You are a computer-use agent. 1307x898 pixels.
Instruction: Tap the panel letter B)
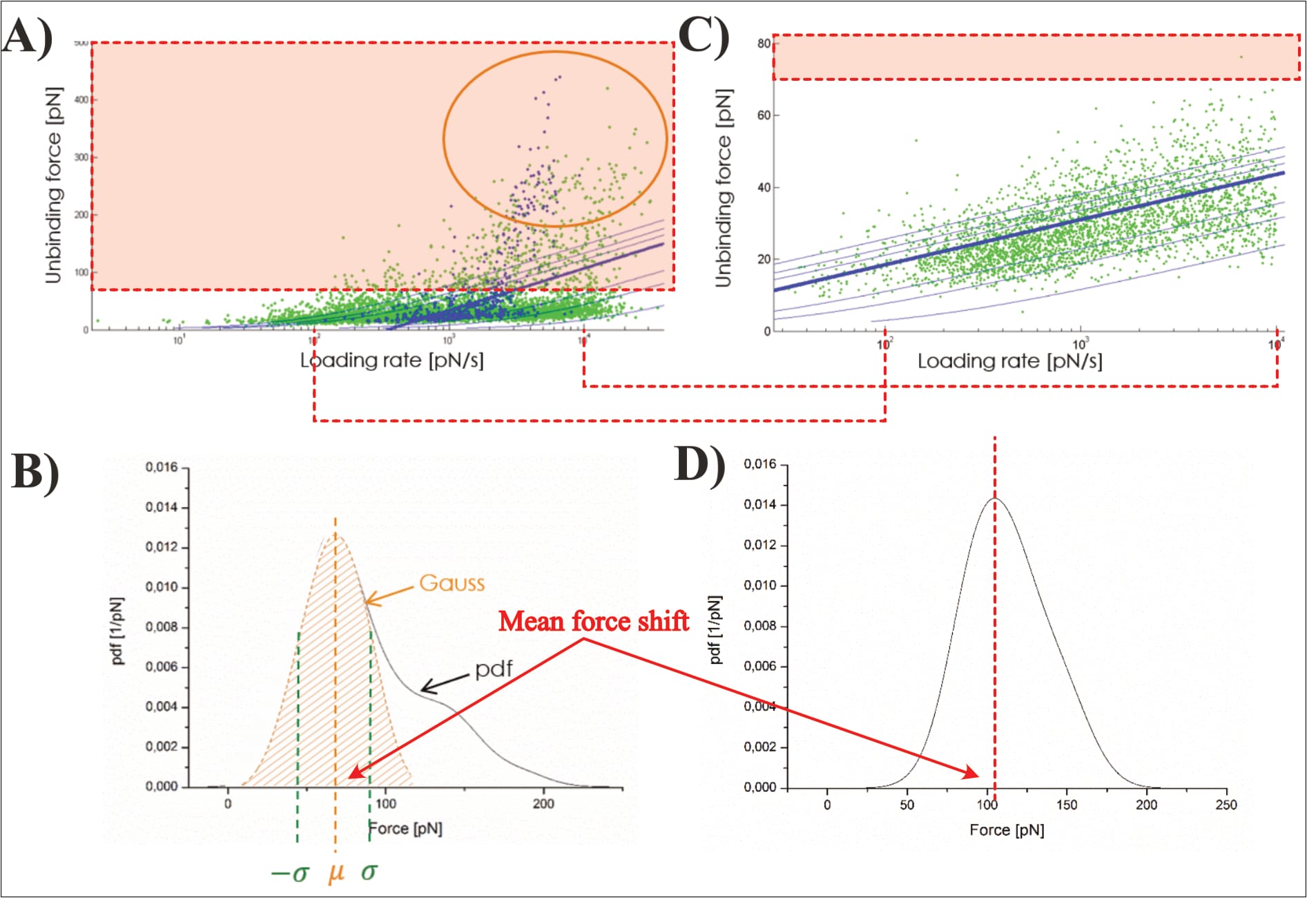pos(35,473)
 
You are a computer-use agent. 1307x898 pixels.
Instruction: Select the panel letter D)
pos(699,464)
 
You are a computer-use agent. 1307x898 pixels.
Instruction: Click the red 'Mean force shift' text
pos(593,621)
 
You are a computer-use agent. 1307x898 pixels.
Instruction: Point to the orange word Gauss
pos(452,583)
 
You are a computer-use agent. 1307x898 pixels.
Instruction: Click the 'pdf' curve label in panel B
pos(494,669)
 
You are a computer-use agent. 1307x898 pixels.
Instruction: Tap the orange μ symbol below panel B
pos(336,872)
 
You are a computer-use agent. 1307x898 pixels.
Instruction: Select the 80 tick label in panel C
pos(763,44)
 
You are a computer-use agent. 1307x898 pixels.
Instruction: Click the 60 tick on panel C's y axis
pos(763,115)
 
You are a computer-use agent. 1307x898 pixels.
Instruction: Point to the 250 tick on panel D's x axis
pos(1226,805)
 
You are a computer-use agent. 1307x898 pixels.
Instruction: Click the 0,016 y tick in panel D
pos(759,464)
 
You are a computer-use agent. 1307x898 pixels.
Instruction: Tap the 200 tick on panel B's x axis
pos(543,803)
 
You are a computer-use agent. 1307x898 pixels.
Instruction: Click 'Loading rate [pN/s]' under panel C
pos(1009,361)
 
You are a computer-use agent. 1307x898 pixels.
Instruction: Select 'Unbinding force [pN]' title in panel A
pos(53,185)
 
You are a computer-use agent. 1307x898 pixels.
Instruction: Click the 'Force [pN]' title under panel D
pos(1007,830)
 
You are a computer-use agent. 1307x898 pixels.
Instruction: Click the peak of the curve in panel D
pos(994,499)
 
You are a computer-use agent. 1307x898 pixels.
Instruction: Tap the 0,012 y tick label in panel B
pos(162,547)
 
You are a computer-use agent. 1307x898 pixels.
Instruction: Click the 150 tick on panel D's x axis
pos(1067,805)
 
